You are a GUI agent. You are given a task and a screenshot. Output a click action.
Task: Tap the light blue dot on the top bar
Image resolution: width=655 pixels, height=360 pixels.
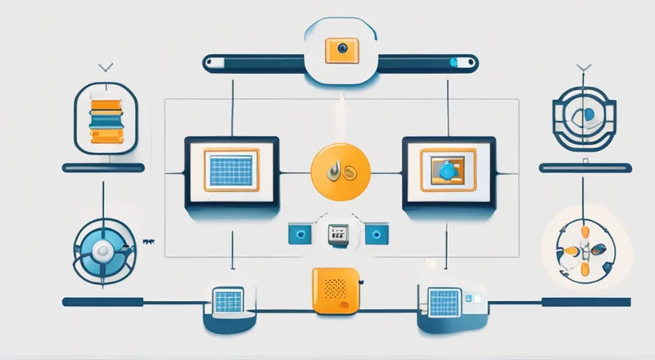(453, 61)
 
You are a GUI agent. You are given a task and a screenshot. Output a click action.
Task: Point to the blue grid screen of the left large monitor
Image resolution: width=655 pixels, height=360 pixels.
(231, 170)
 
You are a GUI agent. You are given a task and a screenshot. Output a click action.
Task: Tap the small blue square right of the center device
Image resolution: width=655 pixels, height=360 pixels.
(378, 235)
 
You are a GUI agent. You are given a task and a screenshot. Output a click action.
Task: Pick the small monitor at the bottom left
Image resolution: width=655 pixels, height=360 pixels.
(228, 300)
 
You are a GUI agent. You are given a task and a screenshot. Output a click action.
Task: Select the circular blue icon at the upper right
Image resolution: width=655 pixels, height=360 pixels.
(583, 119)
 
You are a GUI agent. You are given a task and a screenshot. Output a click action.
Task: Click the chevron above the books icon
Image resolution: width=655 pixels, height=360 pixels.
(104, 67)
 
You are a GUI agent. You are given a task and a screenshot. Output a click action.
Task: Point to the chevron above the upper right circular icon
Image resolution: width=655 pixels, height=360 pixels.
(583, 67)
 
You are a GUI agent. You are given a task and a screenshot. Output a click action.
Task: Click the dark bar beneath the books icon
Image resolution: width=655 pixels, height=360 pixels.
(104, 168)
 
